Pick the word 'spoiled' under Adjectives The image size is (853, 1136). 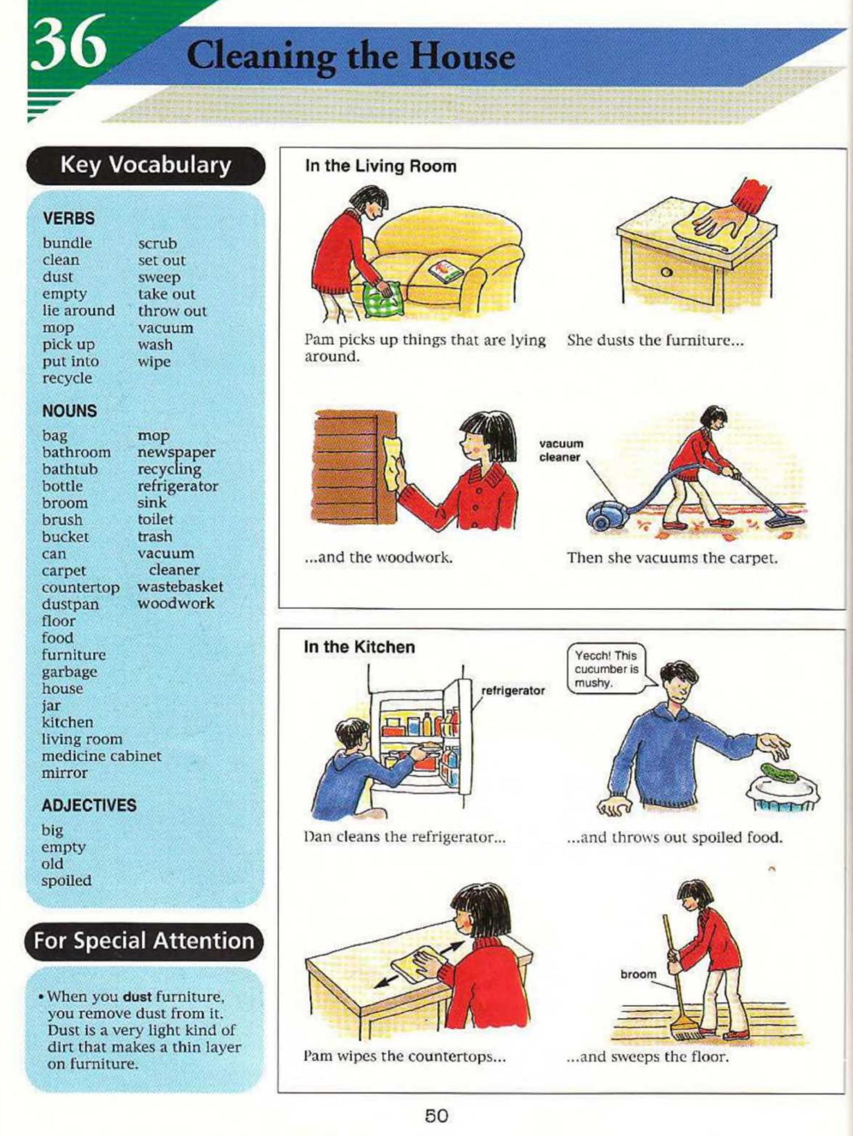66,881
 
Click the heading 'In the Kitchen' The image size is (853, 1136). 359,647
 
